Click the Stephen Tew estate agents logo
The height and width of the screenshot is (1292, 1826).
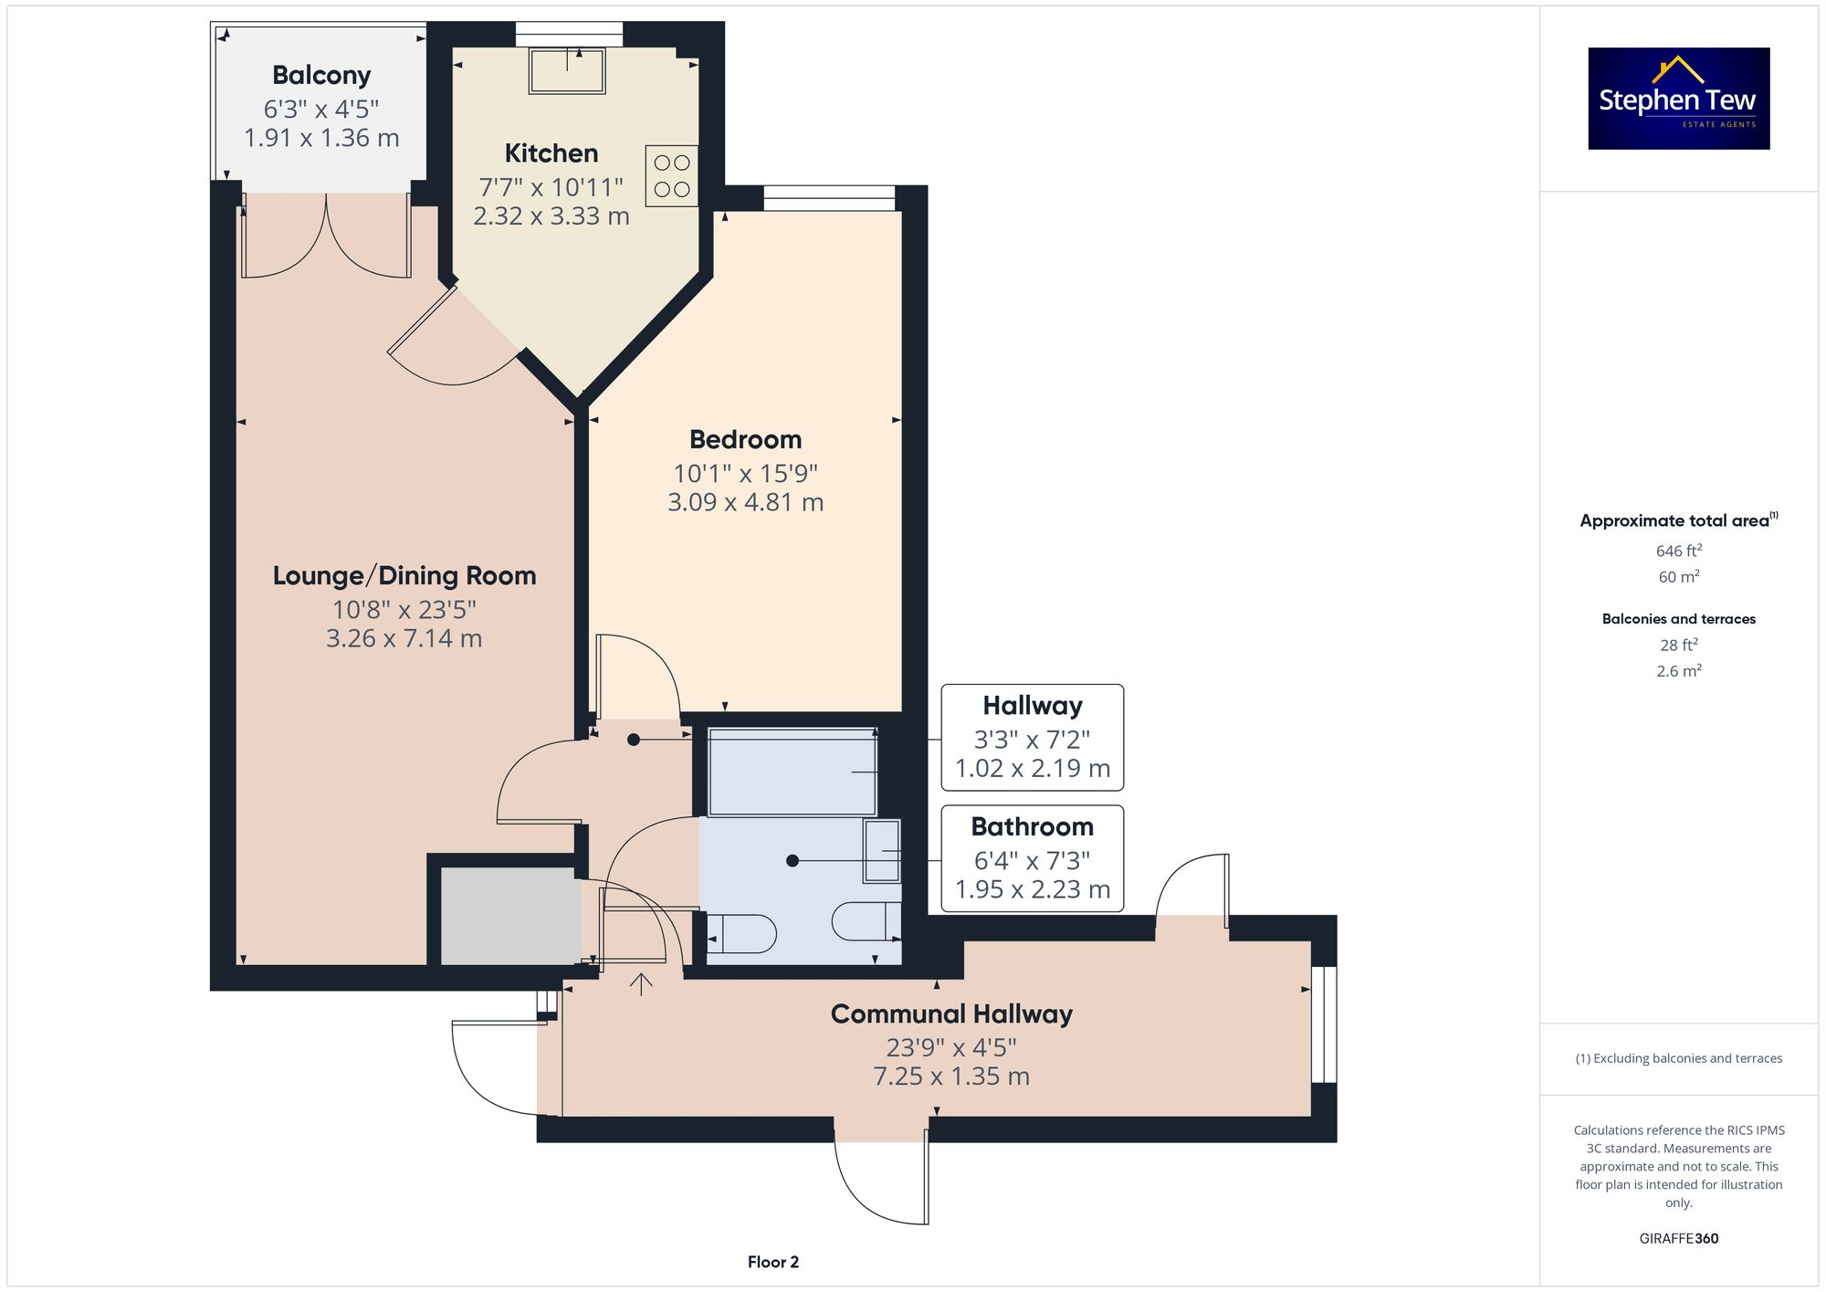pos(1678,99)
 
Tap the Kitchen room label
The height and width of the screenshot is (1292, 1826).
pos(551,153)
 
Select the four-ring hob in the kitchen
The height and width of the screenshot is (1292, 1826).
pos(672,175)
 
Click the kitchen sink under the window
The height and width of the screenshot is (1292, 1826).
pos(567,71)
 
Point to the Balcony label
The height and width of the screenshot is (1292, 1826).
pos(321,75)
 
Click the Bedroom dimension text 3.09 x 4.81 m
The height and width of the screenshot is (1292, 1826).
pos(745,502)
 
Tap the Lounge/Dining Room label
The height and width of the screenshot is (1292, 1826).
pos(404,576)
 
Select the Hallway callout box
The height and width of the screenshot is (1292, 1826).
pos(1032,737)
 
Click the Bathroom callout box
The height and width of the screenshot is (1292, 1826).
pos(1032,857)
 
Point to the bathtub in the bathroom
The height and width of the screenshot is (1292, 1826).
pos(792,772)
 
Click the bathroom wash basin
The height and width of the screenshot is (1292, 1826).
pos(881,851)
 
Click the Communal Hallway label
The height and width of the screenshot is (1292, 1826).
pos(951,1014)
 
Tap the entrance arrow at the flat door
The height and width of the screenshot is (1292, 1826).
pos(642,984)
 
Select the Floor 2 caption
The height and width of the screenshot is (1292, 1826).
pos(772,1262)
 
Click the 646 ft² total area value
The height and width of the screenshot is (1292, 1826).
pos(1678,551)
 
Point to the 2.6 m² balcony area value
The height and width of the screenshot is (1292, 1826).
pos(1678,671)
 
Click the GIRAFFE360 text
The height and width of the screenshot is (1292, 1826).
pos(1678,1239)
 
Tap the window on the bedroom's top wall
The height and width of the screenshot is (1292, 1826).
pos(829,197)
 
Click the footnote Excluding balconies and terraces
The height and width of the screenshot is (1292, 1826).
pos(1678,1058)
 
